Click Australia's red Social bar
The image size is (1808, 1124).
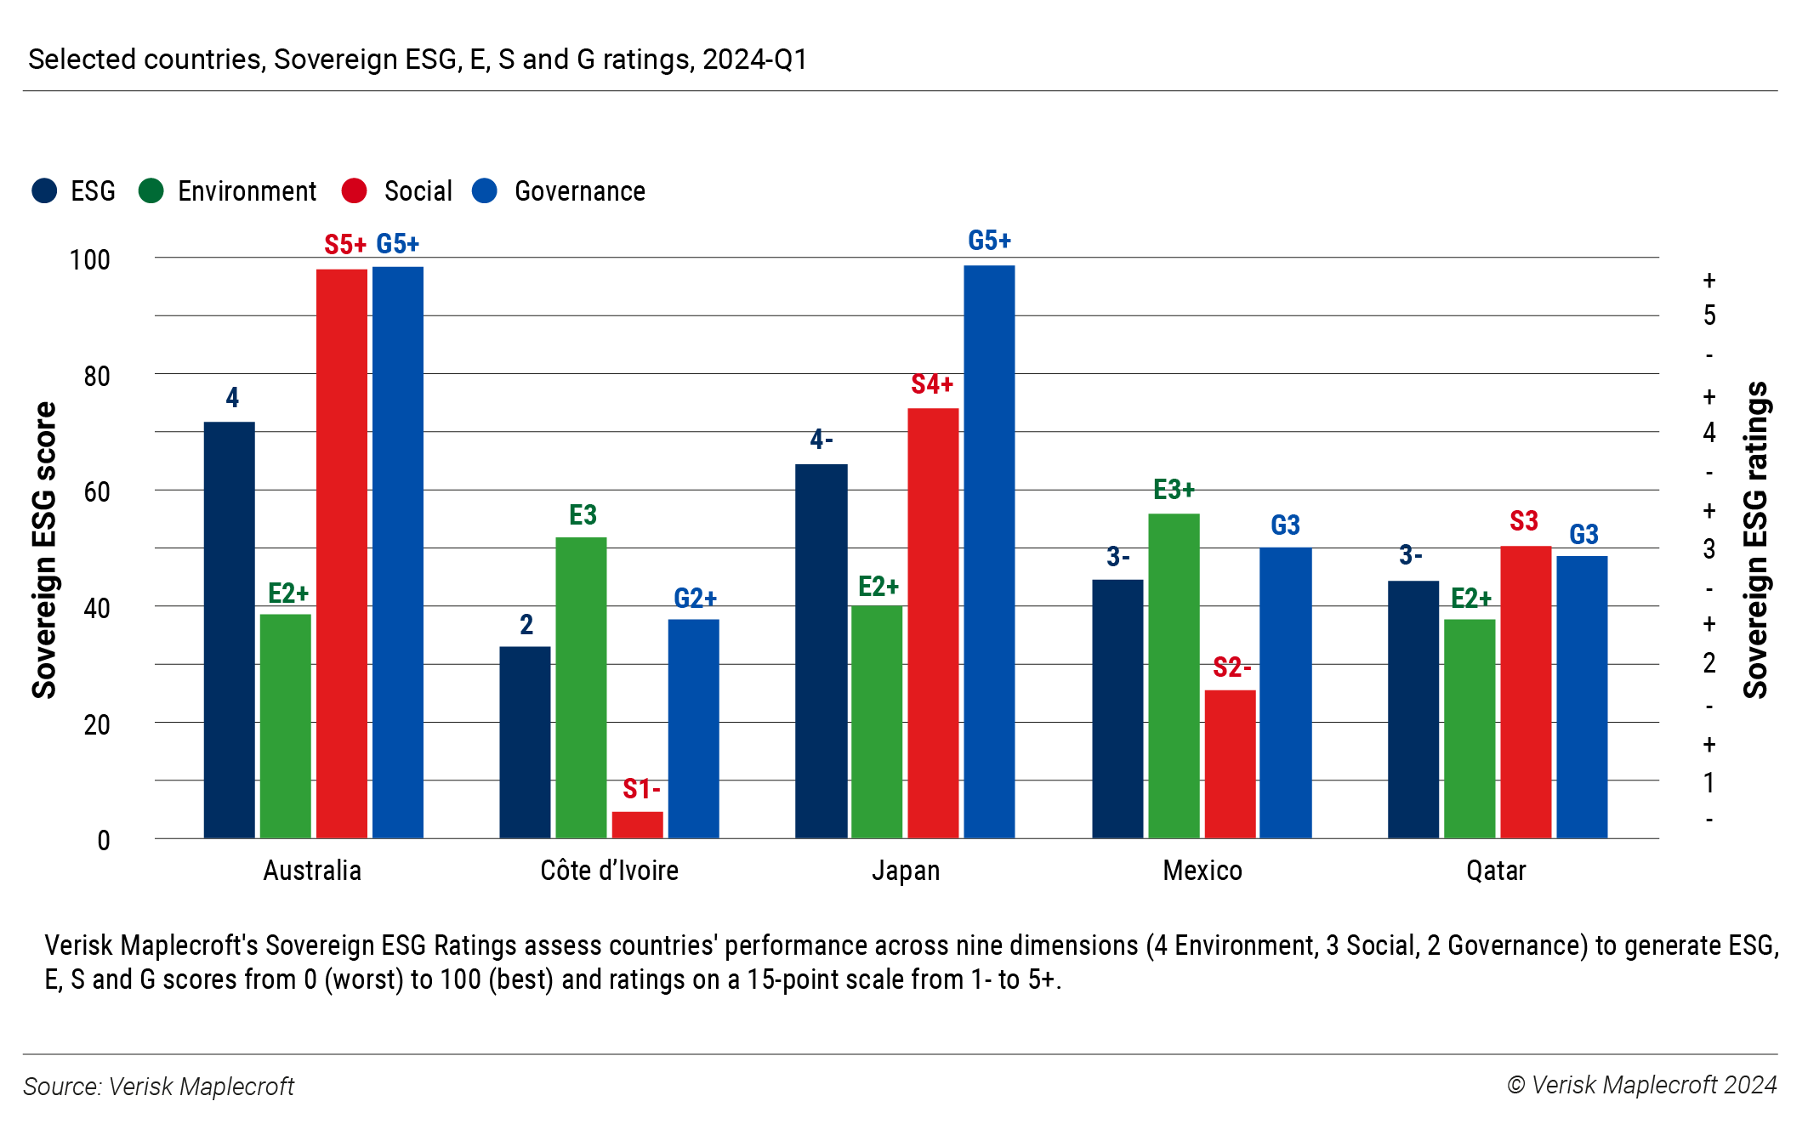[341, 553]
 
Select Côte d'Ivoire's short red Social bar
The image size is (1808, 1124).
[637, 825]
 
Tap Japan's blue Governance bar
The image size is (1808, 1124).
[988, 553]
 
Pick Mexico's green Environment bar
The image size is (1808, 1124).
[1174, 676]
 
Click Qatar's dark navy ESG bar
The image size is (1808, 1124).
[1413, 710]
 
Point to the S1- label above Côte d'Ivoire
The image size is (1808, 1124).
[641, 789]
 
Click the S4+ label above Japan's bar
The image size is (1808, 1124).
[932, 384]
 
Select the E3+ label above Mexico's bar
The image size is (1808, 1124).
[1174, 490]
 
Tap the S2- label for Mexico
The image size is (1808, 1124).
[1231, 667]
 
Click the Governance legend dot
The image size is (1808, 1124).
[485, 190]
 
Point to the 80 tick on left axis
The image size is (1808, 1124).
[97, 376]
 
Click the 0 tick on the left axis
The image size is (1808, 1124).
[104, 840]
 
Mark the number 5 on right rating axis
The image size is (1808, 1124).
[1709, 316]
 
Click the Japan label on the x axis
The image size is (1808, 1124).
[906, 871]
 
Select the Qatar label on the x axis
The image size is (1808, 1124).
[1496, 871]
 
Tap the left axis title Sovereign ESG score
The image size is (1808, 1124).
[44, 550]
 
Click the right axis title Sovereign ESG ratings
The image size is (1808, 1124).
[1755, 540]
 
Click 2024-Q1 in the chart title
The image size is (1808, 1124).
[754, 60]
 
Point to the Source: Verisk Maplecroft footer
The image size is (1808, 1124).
[158, 1087]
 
